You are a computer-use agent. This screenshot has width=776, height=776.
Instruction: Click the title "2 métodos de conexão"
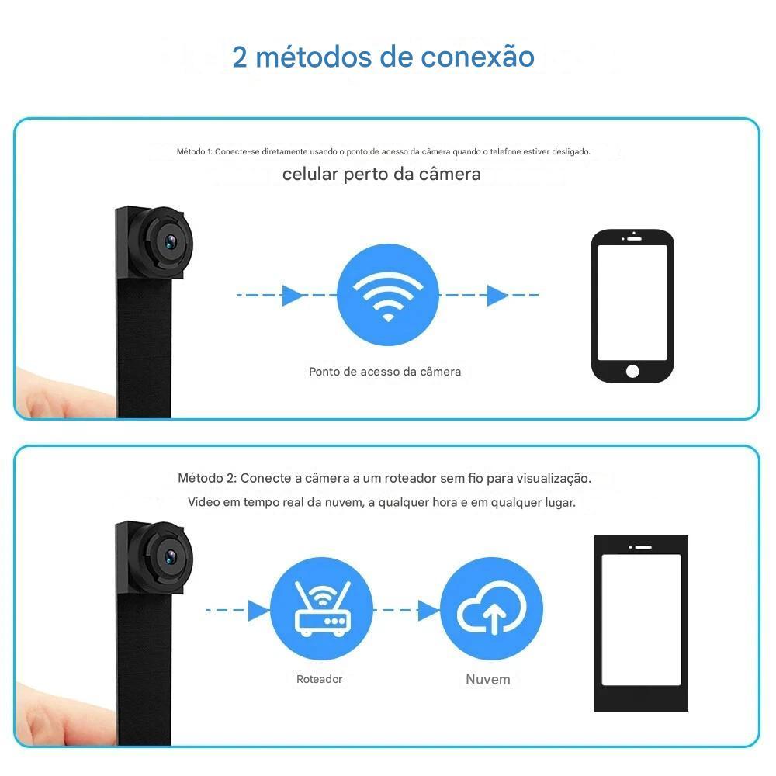coord(383,57)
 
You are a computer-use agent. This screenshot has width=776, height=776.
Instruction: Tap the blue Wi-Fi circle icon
coord(388,295)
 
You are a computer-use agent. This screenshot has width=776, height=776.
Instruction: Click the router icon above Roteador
coord(322,608)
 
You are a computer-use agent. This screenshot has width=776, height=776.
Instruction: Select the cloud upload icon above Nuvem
coord(491,608)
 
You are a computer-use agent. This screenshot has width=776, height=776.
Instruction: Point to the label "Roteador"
coord(319,679)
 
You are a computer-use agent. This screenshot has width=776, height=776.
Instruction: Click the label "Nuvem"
coord(488,679)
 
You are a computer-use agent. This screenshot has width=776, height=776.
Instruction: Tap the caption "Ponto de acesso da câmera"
coord(385,372)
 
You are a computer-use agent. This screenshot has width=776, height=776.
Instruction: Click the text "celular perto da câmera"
coord(382,174)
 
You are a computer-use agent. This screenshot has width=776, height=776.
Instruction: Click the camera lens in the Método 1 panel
coord(170,241)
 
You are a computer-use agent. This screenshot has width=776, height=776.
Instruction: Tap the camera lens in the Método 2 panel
coord(170,556)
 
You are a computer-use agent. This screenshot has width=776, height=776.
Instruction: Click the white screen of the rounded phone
coord(632,303)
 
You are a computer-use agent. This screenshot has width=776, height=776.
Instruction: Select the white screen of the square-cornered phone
coord(641,619)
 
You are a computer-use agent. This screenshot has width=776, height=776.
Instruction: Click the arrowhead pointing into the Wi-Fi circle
coord(292,296)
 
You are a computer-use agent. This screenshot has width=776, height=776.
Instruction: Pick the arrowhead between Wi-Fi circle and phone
coord(497,296)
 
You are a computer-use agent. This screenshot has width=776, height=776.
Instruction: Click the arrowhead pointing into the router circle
coord(258,610)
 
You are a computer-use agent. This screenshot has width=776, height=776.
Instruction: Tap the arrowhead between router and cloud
coord(428,610)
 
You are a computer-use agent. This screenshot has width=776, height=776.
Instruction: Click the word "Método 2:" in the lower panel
coord(207,478)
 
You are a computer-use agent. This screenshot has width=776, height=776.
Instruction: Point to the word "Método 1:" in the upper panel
coord(195,151)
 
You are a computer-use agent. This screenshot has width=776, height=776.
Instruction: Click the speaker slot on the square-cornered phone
coord(643,547)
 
